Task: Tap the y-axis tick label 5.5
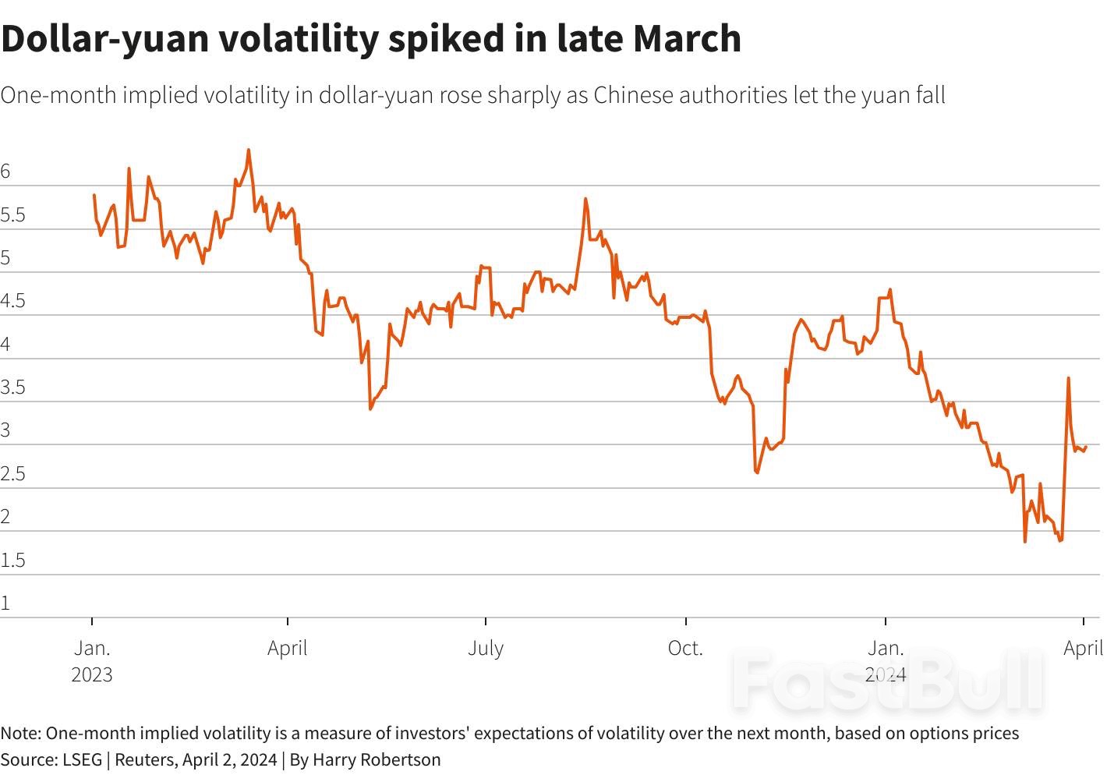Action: (x=13, y=215)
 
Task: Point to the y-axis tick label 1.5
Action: (x=13, y=560)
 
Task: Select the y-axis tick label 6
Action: (x=6, y=172)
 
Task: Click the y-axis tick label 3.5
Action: (x=13, y=387)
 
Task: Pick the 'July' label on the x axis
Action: (x=486, y=648)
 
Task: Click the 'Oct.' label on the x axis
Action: (x=685, y=648)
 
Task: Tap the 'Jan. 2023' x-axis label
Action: (x=92, y=660)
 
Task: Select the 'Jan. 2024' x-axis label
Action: (x=886, y=660)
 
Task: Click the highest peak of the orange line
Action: (x=249, y=150)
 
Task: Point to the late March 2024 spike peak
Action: (x=1068, y=378)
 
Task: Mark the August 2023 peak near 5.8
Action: (x=585, y=199)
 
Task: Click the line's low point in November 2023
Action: (x=757, y=472)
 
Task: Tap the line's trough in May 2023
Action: (x=370, y=409)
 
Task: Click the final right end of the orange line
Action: (x=1086, y=447)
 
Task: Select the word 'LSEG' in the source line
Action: (x=82, y=759)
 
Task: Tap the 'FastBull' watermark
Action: (x=889, y=681)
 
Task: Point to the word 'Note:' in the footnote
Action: (x=21, y=733)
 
